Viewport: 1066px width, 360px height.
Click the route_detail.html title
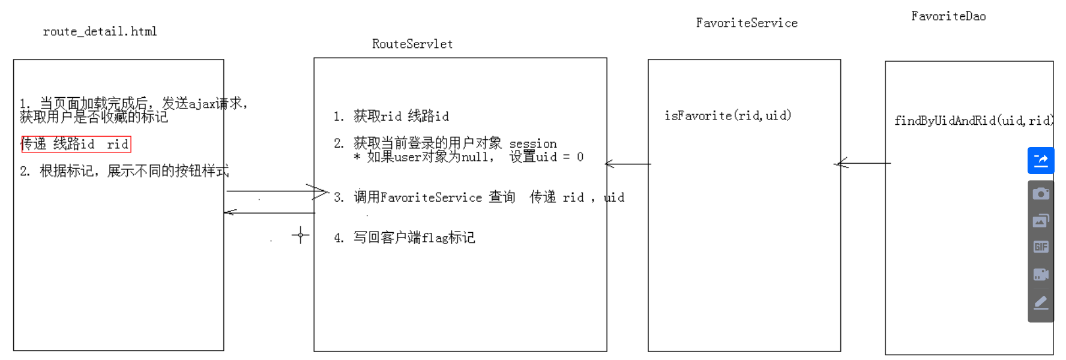pyautogui.click(x=100, y=31)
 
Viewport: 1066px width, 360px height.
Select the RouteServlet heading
pyautogui.click(x=412, y=44)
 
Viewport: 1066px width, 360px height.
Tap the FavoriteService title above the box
pyautogui.click(x=747, y=23)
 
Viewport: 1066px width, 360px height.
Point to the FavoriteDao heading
pyautogui.click(x=948, y=16)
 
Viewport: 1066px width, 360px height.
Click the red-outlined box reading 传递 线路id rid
pyautogui.click(x=76, y=144)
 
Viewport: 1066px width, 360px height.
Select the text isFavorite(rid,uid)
pyautogui.click(x=727, y=115)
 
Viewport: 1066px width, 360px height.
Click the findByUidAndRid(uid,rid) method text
pyautogui.click(x=973, y=121)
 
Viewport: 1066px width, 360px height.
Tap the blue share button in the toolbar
pyautogui.click(x=1041, y=161)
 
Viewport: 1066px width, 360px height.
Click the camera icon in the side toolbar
pyautogui.click(x=1041, y=194)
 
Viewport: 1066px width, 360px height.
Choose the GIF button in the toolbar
pyautogui.click(x=1041, y=247)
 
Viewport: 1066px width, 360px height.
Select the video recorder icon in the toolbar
pyautogui.click(x=1041, y=274)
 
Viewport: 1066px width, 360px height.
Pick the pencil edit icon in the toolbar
pyautogui.click(x=1041, y=302)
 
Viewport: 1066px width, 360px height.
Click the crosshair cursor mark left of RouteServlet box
pyautogui.click(x=300, y=235)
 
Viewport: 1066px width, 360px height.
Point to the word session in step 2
pyautogui.click(x=533, y=144)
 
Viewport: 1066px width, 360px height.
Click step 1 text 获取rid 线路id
pyautogui.click(x=401, y=116)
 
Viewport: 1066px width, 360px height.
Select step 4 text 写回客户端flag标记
pyautogui.click(x=414, y=238)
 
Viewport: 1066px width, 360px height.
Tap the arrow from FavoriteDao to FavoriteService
pyautogui.click(x=863, y=163)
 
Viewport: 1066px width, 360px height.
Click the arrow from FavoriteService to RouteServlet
pyautogui.click(x=628, y=164)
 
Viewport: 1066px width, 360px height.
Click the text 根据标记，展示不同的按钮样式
pyautogui.click(x=134, y=171)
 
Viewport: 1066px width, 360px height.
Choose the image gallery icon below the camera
pyautogui.click(x=1041, y=221)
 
